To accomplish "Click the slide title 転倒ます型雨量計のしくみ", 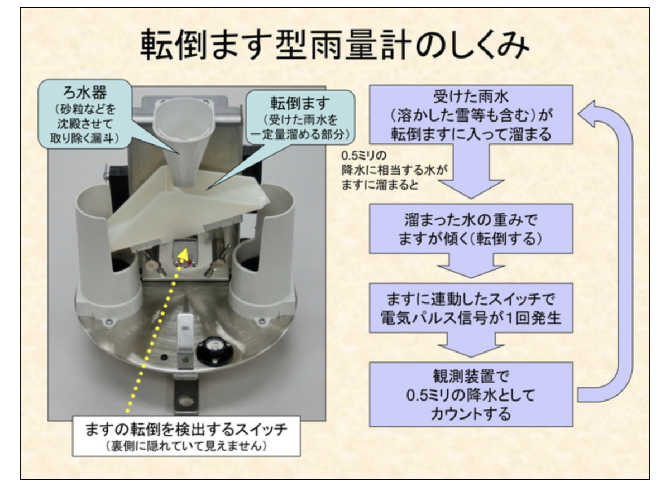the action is point(334,45).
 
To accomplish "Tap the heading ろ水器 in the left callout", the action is point(85,93).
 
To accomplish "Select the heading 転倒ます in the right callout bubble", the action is point(300,103).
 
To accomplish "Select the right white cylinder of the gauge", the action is point(264,248).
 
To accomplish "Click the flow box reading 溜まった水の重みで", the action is point(471,229).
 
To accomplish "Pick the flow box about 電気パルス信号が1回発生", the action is point(471,308).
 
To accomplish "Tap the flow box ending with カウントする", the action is point(471,394).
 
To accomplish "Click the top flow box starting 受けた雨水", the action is point(471,114).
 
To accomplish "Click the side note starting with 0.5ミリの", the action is point(394,170).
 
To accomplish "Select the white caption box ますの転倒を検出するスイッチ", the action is point(186,436).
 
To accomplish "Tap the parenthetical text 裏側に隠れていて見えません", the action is point(186,446).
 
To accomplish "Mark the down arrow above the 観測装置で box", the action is point(471,345).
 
